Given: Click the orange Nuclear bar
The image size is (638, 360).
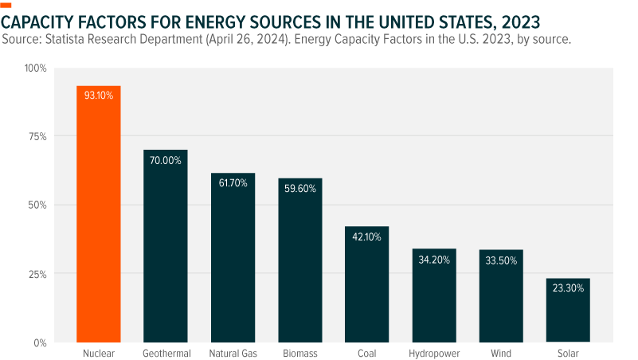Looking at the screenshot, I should pyautogui.click(x=99, y=215).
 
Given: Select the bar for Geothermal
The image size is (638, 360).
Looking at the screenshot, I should pyautogui.click(x=166, y=247).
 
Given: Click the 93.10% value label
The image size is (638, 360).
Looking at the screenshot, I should pyautogui.click(x=99, y=95).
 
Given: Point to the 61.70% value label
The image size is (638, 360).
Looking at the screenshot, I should pyautogui.click(x=233, y=183).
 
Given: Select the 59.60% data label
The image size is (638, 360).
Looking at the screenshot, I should pyautogui.click(x=299, y=189).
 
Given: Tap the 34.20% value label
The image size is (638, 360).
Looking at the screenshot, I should pyautogui.click(x=434, y=260).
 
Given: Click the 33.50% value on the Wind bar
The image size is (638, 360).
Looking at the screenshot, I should pyautogui.click(x=501, y=260).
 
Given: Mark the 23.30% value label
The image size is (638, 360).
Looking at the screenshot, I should pyautogui.click(x=568, y=289).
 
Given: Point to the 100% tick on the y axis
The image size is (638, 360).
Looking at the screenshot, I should pyautogui.click(x=36, y=68).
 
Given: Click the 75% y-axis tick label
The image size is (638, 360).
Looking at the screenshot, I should pyautogui.click(x=37, y=137).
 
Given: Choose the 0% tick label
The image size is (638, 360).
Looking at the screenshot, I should pyautogui.click(x=40, y=342).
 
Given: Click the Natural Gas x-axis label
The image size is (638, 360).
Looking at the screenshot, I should pyautogui.click(x=233, y=352).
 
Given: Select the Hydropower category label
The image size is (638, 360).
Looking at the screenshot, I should pyautogui.click(x=434, y=352).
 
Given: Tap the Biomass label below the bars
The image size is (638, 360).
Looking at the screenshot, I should pyautogui.click(x=299, y=352).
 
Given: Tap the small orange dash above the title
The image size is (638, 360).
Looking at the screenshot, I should pyautogui.click(x=7, y=5).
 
